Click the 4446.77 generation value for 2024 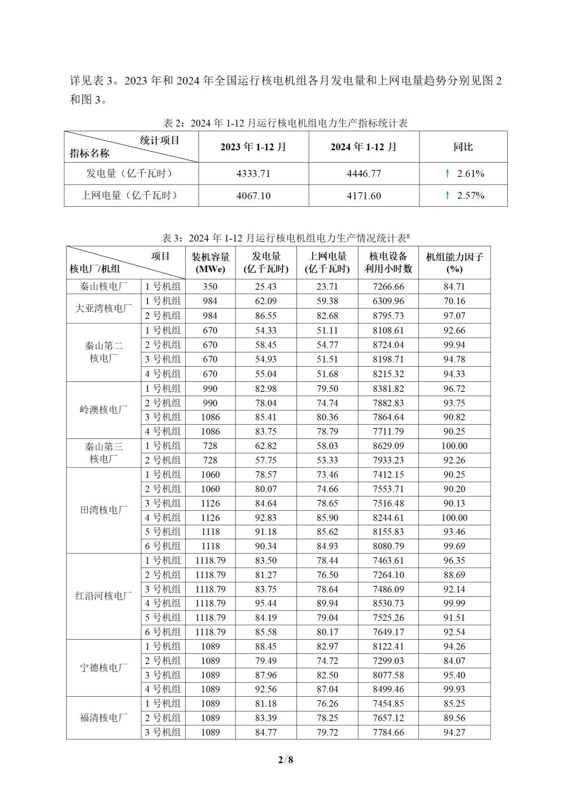[364, 174]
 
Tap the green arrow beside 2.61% [447, 174]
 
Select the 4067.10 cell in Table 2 [253, 196]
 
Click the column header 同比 [463, 147]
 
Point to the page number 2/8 [285, 759]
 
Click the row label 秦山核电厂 [103, 287]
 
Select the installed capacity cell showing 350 [210, 287]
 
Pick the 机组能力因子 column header [454, 263]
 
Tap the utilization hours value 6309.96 [388, 301]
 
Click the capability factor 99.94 [454, 345]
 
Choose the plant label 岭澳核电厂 [103, 409]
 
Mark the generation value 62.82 [266, 446]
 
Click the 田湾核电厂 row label [103, 510]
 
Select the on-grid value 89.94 [327, 603]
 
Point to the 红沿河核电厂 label [103, 596]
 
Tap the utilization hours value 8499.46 [388, 690]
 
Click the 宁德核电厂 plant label [103, 668]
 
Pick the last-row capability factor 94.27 [454, 732]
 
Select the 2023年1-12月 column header [253, 147]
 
